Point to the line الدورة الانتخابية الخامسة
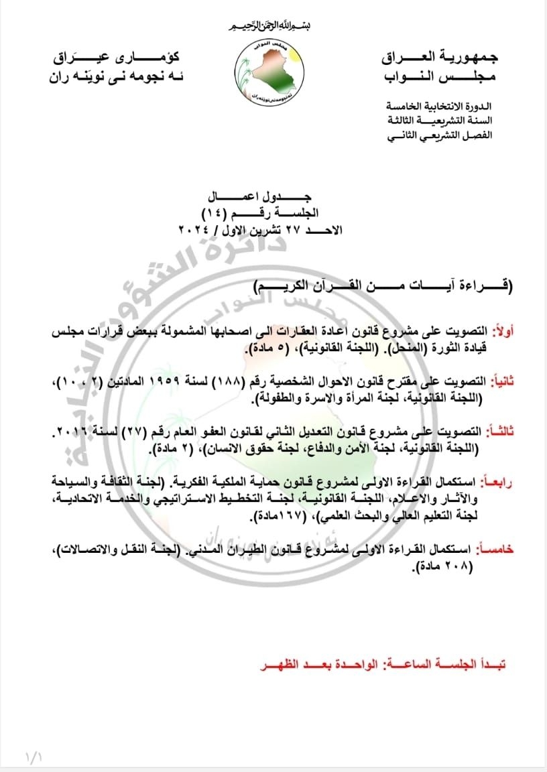click(x=440, y=107)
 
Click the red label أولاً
click(x=501, y=332)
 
